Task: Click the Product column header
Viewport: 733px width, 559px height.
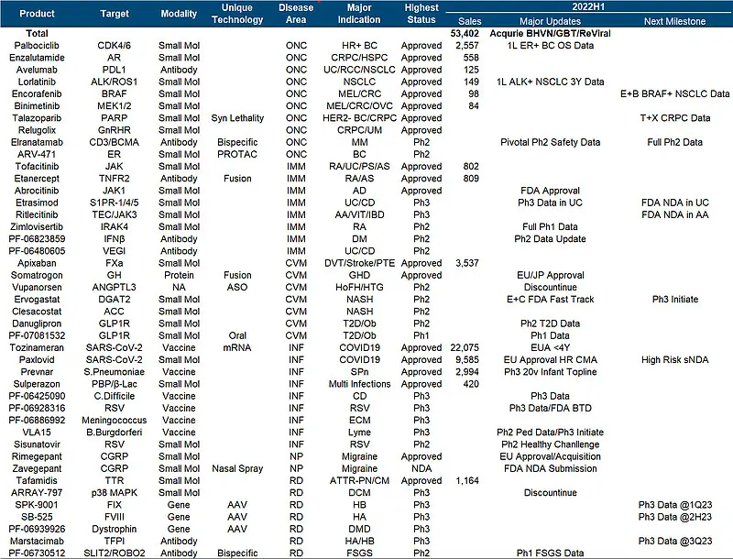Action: point(37,14)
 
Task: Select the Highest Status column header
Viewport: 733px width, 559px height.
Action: point(421,14)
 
